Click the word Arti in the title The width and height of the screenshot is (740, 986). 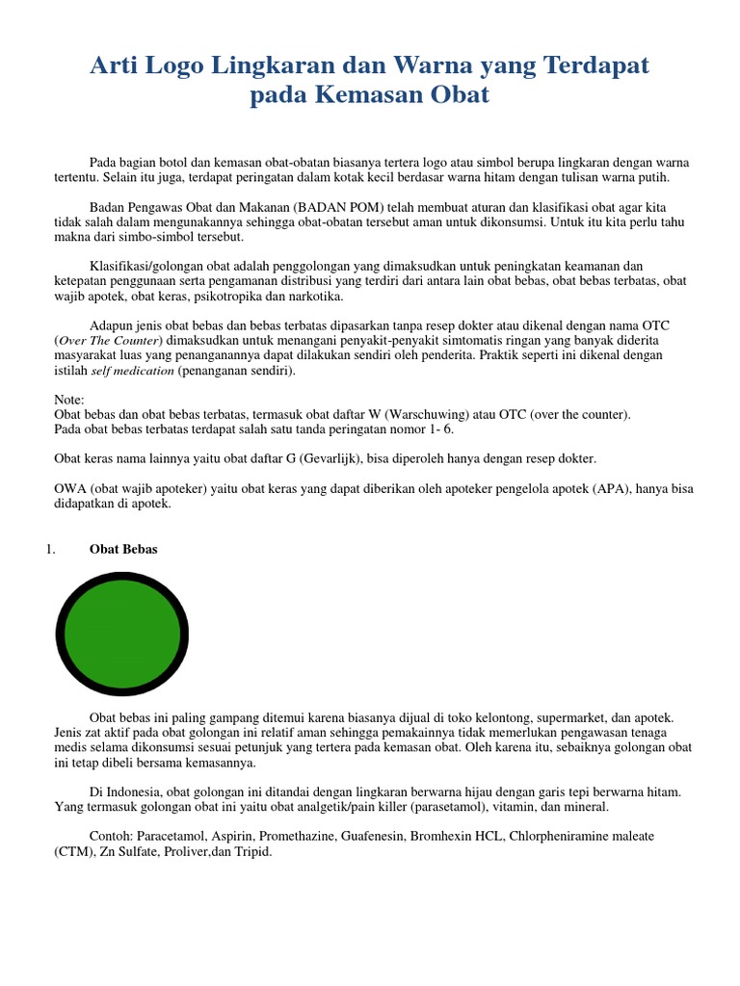tap(114, 65)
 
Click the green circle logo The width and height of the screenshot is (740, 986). tap(122, 633)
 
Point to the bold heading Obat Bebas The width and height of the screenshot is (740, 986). tap(123, 549)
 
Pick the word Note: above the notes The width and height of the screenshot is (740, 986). tap(69, 400)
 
